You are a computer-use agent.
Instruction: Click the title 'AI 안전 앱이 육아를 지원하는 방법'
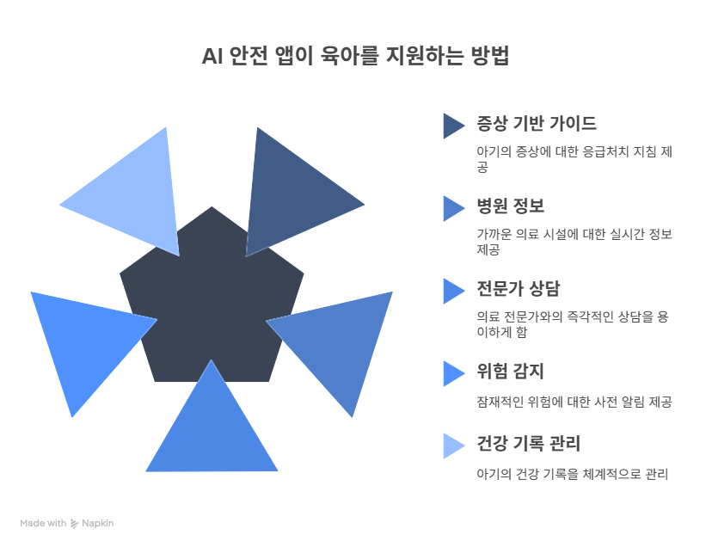point(356,58)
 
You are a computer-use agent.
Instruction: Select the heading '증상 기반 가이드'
point(536,123)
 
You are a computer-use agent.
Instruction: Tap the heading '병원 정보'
point(510,206)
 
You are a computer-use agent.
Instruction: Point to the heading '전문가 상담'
point(518,288)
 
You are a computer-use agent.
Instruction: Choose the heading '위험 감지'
point(510,372)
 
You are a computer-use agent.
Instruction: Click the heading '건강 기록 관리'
point(528,445)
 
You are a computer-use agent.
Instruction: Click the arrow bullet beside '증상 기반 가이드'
point(452,126)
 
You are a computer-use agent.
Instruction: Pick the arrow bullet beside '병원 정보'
point(452,208)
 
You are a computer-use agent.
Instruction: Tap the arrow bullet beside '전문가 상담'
point(452,291)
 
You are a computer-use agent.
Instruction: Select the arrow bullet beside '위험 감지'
point(452,373)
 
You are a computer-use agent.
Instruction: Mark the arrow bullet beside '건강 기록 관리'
point(452,446)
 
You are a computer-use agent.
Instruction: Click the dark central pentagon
point(212,292)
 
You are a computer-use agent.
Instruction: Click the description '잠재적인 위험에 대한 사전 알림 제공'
point(574,402)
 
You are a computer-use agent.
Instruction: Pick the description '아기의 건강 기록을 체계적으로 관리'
point(573,474)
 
